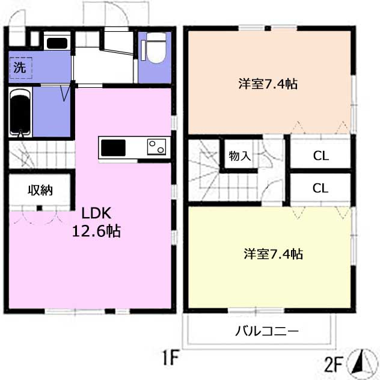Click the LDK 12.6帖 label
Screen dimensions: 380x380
(x=96, y=222)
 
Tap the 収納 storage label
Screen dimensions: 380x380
(x=40, y=190)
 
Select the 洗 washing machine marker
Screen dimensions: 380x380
(x=20, y=67)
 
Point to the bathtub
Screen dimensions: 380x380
(x=20, y=112)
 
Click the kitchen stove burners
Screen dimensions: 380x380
(x=156, y=147)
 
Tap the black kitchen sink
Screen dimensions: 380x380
(x=113, y=147)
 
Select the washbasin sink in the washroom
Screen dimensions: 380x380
(x=57, y=43)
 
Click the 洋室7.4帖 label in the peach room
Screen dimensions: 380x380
(x=268, y=84)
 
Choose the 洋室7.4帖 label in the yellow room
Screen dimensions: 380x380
(x=274, y=254)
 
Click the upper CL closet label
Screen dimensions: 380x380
(x=321, y=156)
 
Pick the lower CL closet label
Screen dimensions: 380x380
(x=320, y=188)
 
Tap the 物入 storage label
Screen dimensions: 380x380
(x=240, y=156)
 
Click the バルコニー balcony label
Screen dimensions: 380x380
(x=267, y=331)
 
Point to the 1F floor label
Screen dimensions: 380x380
(x=170, y=357)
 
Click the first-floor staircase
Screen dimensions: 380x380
(x=41, y=155)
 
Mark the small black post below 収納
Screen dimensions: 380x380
(x=39, y=208)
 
